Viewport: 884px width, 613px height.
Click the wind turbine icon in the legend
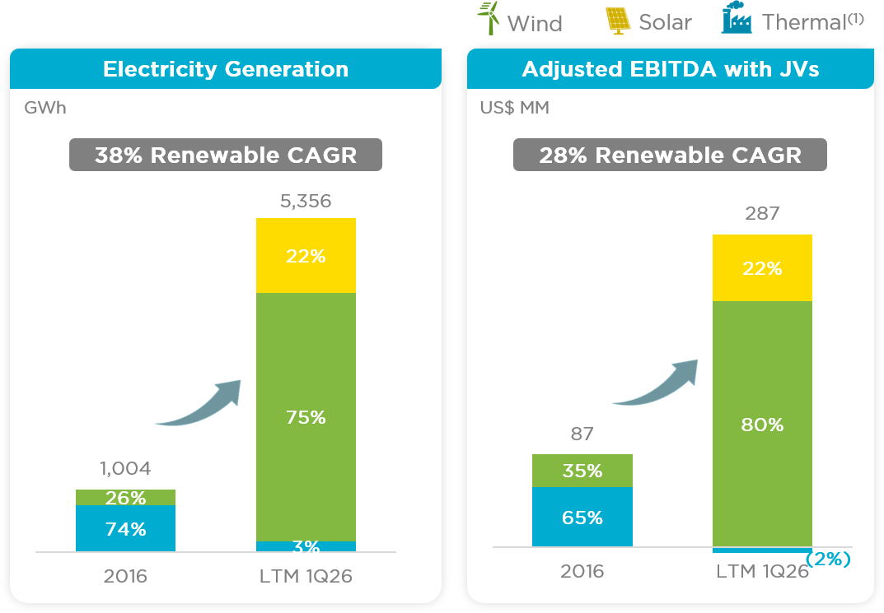[x=489, y=18]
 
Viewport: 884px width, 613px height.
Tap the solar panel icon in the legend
[x=618, y=21]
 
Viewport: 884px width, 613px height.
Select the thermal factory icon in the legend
[x=737, y=17]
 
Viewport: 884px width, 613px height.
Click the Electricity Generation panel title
[x=226, y=68]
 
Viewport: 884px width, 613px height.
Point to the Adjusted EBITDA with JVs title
[x=671, y=68]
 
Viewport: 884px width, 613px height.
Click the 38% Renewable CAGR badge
[x=226, y=155]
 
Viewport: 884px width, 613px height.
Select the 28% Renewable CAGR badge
[x=670, y=155]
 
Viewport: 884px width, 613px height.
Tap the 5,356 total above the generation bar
[x=306, y=201]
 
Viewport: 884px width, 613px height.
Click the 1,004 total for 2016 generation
[x=125, y=468]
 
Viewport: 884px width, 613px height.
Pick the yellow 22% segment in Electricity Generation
[x=306, y=256]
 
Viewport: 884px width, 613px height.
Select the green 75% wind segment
[x=306, y=417]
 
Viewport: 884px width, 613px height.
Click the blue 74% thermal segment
[x=125, y=528]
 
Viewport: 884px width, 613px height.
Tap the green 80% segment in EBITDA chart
[x=762, y=424]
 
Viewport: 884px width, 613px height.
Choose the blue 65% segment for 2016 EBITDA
[x=582, y=517]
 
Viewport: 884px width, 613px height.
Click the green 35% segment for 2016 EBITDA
[x=582, y=471]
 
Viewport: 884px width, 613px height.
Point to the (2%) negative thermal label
[x=828, y=559]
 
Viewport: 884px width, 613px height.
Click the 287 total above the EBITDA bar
[x=762, y=213]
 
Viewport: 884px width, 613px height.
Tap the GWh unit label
[x=45, y=108]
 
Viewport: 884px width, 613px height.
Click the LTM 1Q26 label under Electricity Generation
[x=306, y=577]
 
